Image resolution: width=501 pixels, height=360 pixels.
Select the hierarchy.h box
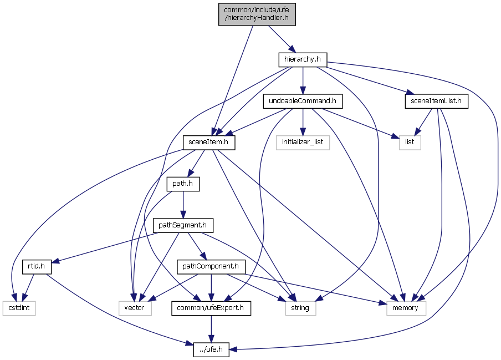(x=302, y=59)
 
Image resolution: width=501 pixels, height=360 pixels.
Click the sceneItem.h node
(x=208, y=143)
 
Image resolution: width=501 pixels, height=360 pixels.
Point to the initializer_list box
(x=303, y=143)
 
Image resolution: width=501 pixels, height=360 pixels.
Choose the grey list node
(x=410, y=143)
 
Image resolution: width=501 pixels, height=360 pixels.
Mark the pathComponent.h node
(x=211, y=267)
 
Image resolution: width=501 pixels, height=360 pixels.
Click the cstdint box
(x=19, y=308)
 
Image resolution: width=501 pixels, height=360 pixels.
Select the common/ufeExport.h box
(x=211, y=308)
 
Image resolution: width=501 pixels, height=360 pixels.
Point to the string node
(x=300, y=308)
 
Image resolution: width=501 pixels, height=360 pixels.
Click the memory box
(x=406, y=308)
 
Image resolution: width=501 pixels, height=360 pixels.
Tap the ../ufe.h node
(x=211, y=349)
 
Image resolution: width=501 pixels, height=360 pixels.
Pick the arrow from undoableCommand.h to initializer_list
(x=303, y=122)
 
